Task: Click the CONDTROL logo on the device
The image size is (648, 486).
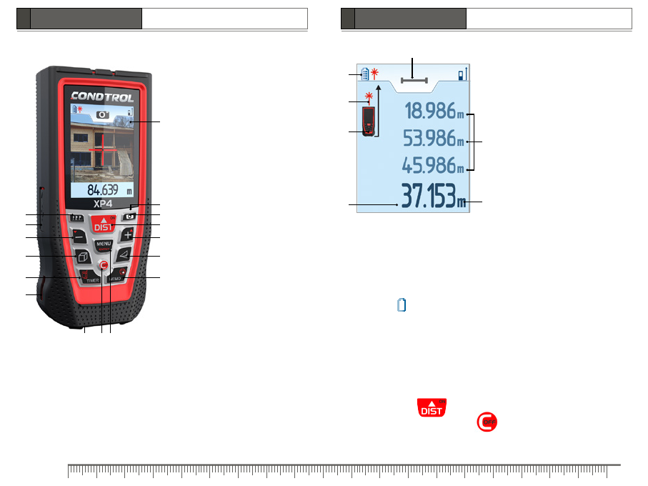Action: point(102,97)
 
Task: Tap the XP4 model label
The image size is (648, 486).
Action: point(102,204)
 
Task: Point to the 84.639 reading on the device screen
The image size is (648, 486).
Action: point(102,189)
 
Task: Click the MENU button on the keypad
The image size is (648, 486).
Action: point(104,244)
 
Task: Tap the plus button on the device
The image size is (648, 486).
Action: point(127,234)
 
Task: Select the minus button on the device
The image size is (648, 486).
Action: point(79,237)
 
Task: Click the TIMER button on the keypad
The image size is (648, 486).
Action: point(89,277)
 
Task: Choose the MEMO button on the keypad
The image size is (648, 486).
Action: point(117,276)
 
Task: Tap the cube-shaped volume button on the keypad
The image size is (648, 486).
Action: point(83,257)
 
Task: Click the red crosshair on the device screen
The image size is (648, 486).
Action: point(102,149)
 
